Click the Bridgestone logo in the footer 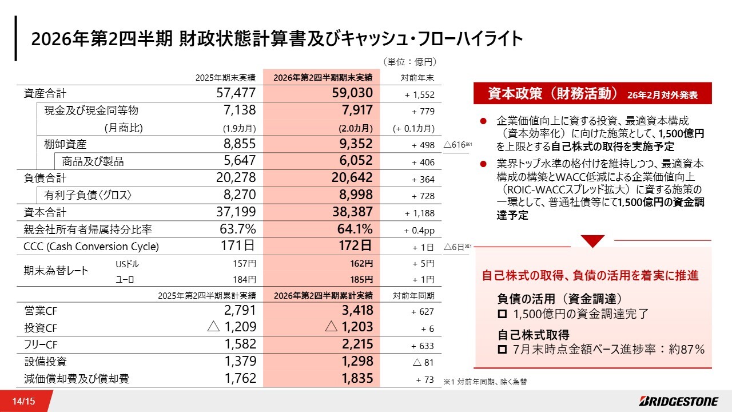[678, 401]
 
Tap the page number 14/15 [23, 401]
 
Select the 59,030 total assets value [352, 93]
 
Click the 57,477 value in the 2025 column [236, 93]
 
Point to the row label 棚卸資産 [65, 144]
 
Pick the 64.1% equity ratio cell [355, 229]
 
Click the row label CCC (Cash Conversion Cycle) [91, 246]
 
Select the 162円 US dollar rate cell [361, 264]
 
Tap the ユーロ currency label [125, 280]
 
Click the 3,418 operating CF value [357, 310]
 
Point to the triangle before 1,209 [213, 326]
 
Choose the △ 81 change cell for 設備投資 [423, 362]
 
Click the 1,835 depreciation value [357, 378]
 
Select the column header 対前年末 [417, 78]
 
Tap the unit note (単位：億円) [409, 62]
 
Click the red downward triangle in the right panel [592, 241]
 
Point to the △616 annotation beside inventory [457, 145]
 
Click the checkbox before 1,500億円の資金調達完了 [502, 314]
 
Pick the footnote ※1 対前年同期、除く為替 [485, 382]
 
